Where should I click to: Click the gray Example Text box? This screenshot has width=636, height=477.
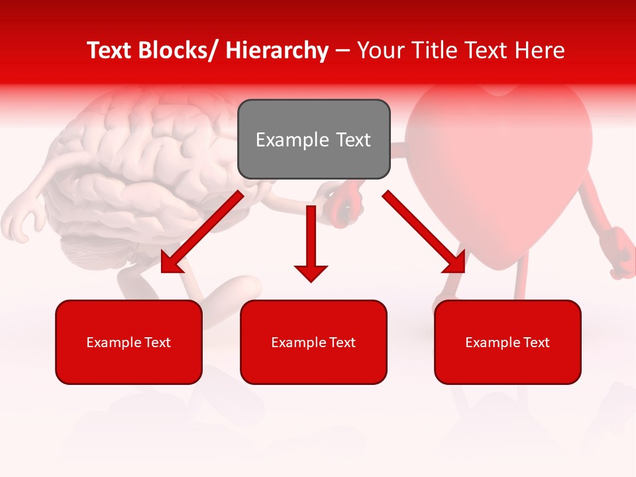pos(313,139)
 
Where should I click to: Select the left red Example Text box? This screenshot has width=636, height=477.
pos(129,342)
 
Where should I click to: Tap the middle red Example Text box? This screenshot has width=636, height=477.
pos(313,342)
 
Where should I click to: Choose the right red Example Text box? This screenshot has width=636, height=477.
pos(507,342)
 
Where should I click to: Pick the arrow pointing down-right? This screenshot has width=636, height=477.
pos(424,232)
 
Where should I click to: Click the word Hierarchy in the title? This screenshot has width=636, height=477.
pos(276,50)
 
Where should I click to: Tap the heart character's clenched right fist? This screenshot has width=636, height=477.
pos(619,252)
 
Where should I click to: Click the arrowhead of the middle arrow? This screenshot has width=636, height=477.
pos(311,272)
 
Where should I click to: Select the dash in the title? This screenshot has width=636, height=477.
pos(343,50)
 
